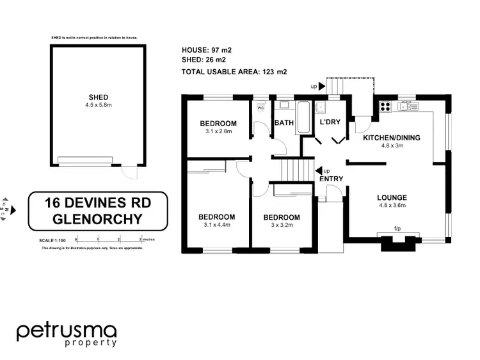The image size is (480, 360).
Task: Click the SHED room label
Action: (x=98, y=98)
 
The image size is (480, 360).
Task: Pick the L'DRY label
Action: (x=330, y=122)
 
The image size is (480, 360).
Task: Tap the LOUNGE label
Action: (x=392, y=197)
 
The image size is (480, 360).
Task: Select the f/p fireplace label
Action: (x=397, y=229)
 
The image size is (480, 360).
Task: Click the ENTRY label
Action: (x=332, y=179)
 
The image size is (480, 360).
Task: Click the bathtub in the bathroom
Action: (x=303, y=118)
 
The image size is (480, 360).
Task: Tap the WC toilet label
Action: (x=260, y=108)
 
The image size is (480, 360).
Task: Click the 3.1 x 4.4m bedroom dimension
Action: (x=216, y=224)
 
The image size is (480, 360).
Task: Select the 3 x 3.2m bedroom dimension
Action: (x=282, y=225)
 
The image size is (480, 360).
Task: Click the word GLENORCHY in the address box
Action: (x=98, y=219)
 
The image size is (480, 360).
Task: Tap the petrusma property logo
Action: (x=67, y=334)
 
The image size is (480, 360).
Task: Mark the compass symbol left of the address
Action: (x=4, y=208)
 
